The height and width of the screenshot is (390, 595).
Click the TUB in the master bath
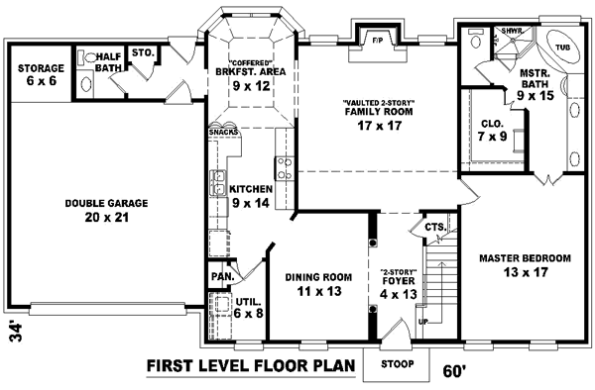[x=562, y=47]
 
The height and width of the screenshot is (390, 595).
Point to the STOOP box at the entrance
[x=397, y=363]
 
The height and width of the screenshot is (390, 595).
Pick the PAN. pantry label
[x=220, y=276]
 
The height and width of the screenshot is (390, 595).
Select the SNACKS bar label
[x=222, y=131]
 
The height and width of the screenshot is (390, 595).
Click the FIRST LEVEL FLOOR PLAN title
[x=251, y=365]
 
